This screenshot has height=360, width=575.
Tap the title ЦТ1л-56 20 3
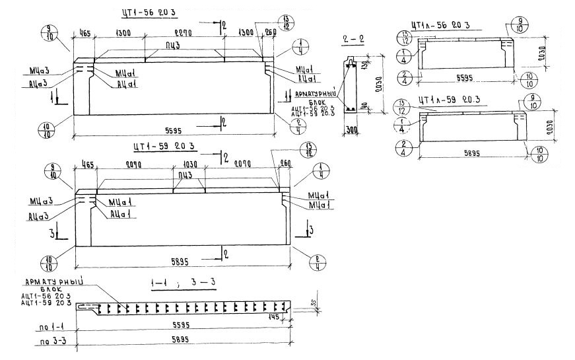tap(440, 24)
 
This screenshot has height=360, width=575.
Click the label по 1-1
tap(48, 327)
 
